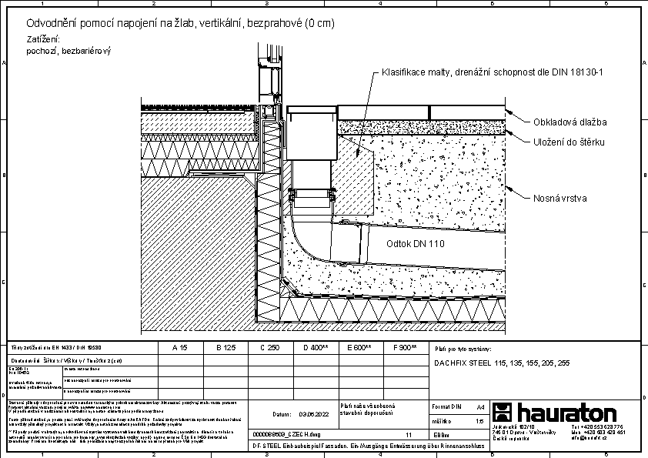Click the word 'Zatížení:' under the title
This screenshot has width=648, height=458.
(43, 38)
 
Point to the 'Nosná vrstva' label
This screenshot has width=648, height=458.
(560, 198)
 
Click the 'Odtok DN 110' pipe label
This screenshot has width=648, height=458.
(416, 242)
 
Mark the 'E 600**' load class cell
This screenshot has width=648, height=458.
(359, 348)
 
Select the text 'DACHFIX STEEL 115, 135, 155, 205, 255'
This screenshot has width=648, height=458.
(502, 362)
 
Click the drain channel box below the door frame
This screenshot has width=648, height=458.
(312, 135)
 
